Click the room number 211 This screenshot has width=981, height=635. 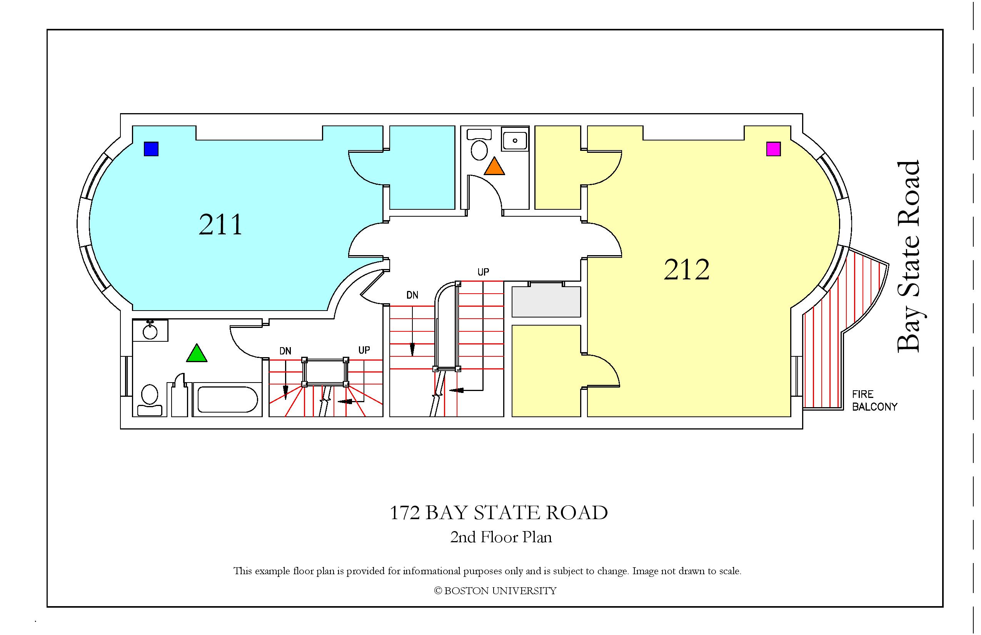220,225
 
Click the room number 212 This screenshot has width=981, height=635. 687,270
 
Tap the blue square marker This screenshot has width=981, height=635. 151,149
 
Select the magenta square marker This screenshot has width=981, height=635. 773,149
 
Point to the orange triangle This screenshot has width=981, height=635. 494,167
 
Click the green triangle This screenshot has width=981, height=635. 197,354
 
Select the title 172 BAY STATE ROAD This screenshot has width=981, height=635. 499,513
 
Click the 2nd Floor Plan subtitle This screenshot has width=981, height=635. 501,537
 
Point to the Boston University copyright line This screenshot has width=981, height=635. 496,591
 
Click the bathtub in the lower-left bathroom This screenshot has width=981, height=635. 227,399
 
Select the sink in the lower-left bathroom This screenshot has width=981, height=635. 150,330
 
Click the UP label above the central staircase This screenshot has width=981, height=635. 483,272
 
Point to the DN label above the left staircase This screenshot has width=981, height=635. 285,351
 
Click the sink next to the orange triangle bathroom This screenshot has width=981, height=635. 515,139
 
